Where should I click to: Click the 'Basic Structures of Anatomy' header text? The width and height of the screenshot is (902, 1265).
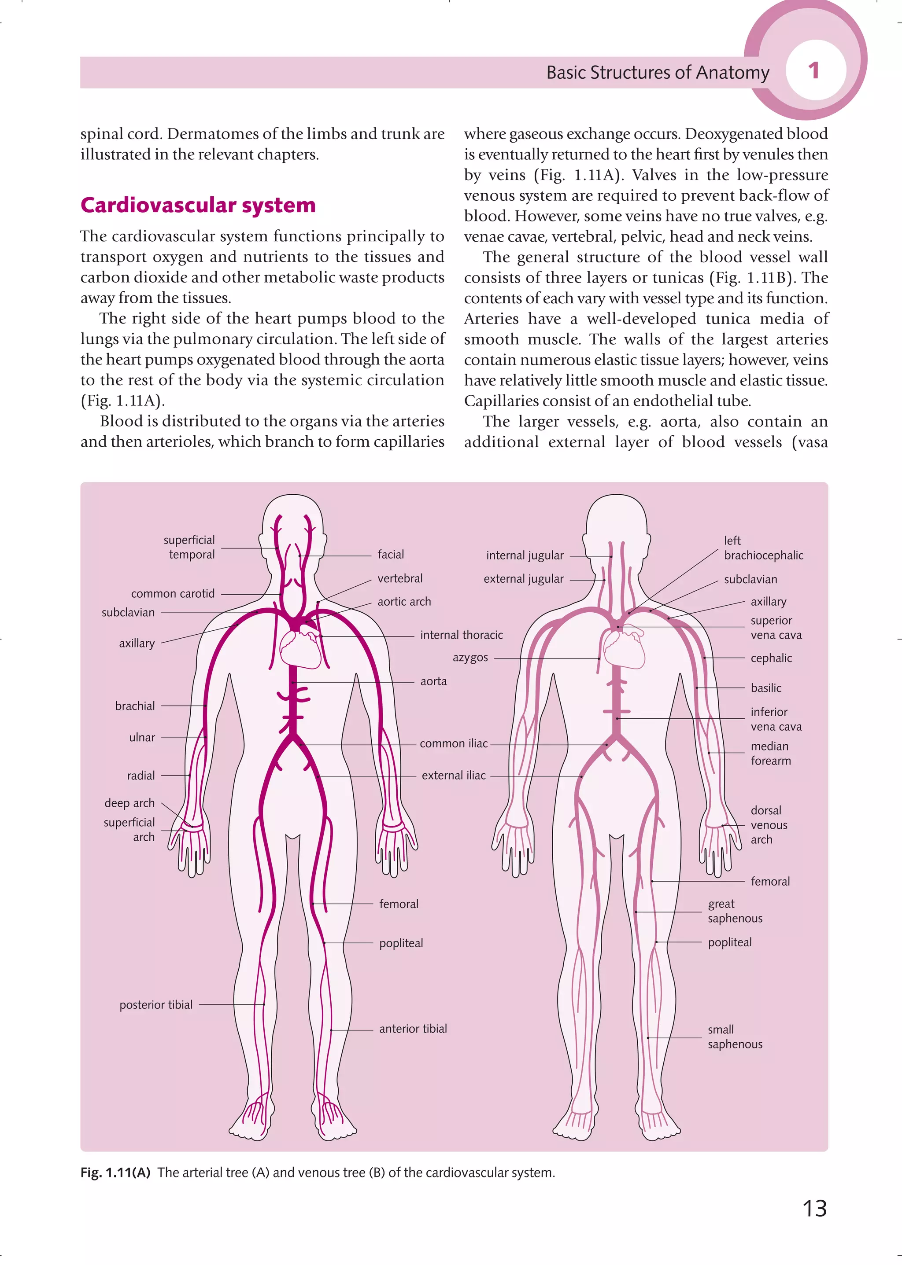click(658, 73)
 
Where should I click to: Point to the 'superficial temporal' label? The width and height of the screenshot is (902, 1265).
click(189, 547)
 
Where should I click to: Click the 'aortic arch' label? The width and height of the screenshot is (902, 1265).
click(404, 602)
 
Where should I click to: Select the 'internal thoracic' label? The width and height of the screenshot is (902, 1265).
click(461, 635)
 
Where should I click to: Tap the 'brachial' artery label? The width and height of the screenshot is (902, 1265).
click(135, 706)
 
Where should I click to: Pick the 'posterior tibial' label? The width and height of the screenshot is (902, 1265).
click(156, 1005)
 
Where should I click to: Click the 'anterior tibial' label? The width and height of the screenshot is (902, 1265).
click(413, 1029)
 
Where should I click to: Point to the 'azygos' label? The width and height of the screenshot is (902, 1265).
click(470, 658)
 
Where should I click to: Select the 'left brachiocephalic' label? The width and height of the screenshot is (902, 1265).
click(763, 548)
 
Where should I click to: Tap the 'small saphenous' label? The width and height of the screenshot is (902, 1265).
click(734, 1037)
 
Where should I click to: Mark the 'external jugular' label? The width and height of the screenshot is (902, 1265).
click(523, 579)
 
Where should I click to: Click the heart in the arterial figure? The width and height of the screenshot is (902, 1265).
click(300, 647)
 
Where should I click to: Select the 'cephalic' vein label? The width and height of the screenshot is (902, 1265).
click(771, 658)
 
